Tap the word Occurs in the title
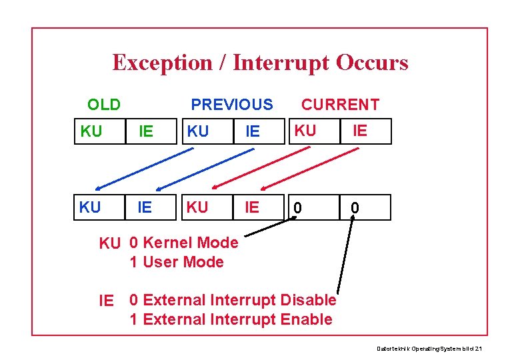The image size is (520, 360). pyautogui.click(x=372, y=63)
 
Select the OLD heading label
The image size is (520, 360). pyautogui.click(x=104, y=105)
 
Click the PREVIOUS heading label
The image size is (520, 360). pyautogui.click(x=232, y=105)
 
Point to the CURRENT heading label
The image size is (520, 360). pyautogui.click(x=340, y=105)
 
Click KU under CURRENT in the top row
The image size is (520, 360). pyautogui.click(x=305, y=131)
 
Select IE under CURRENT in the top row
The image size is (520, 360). pyautogui.click(x=360, y=131)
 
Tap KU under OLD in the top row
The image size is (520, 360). pyautogui.click(x=91, y=131)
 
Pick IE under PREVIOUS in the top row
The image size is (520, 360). pyautogui.click(x=253, y=131)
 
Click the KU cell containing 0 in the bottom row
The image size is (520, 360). pyautogui.click(x=299, y=208)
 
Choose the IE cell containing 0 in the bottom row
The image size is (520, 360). pyautogui.click(x=356, y=208)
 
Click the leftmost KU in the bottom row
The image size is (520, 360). pyautogui.click(x=90, y=207)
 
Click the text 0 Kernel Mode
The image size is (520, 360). pyautogui.click(x=184, y=243)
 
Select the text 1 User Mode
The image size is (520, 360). pyautogui.click(x=177, y=262)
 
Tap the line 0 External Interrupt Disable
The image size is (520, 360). pyautogui.click(x=233, y=301)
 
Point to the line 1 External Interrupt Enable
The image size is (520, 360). pyautogui.click(x=231, y=319)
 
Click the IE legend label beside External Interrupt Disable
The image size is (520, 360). pyautogui.click(x=107, y=301)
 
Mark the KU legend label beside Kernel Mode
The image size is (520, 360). pyautogui.click(x=110, y=243)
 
